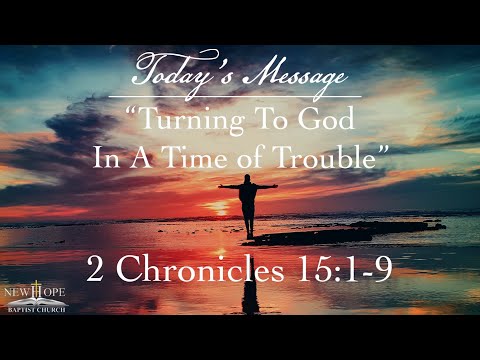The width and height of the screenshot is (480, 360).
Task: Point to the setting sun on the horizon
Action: [x=217, y=208]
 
